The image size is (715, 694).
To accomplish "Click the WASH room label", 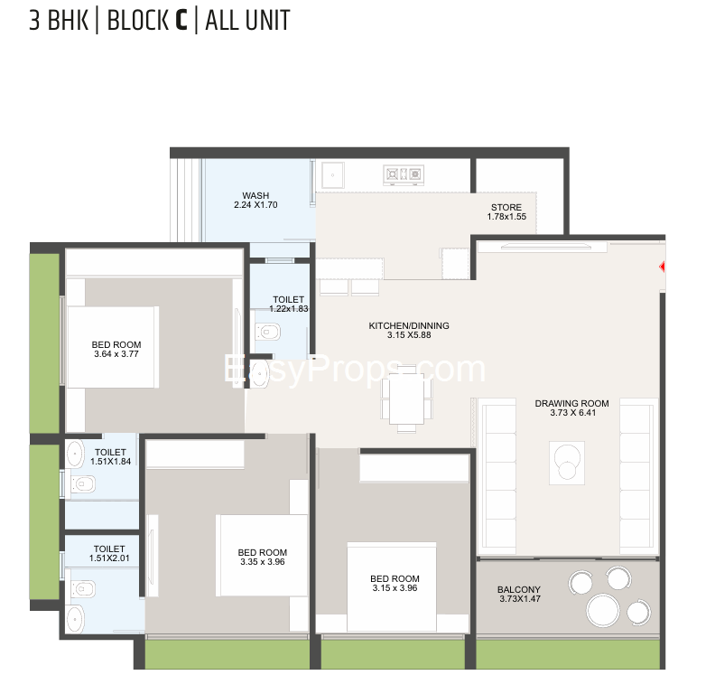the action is [255, 195].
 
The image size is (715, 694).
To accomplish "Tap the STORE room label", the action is [506, 207].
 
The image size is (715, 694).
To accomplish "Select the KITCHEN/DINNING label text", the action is [409, 325].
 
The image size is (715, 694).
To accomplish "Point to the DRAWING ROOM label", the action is [571, 403].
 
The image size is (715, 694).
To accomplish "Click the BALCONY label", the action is [519, 589].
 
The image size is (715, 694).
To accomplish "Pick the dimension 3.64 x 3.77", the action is [116, 354].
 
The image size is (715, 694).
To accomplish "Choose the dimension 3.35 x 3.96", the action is [263, 561].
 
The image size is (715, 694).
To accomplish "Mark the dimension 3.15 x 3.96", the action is [395, 587].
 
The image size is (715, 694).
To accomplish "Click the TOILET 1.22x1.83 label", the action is [289, 305].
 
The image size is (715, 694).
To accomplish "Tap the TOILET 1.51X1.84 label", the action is [110, 456].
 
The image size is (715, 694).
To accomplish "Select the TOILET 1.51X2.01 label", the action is [109, 553].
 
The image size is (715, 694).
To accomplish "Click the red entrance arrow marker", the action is [662, 267].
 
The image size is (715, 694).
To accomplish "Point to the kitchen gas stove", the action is [404, 174].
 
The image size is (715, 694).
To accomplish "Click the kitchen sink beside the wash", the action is [333, 175].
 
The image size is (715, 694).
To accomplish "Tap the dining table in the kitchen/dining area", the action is [407, 399].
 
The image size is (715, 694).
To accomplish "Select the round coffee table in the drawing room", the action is [567, 462].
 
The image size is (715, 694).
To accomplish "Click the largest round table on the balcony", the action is [603, 610].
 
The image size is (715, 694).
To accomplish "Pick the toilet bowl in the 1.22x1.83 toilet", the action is [267, 332].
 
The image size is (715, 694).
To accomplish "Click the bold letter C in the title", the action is [181, 21].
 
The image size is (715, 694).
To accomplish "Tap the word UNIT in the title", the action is [267, 21].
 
